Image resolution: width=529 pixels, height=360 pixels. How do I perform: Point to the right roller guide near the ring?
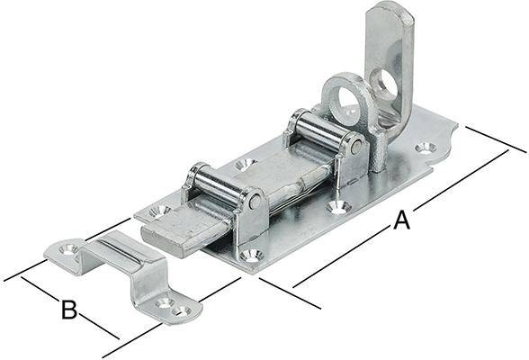[x=325, y=130]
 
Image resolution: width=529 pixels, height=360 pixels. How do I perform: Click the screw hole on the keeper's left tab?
[x=65, y=247]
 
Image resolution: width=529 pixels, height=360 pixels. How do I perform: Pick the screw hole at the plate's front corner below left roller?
[x=251, y=256]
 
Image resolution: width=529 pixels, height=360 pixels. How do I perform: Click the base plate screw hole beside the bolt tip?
[x=158, y=211]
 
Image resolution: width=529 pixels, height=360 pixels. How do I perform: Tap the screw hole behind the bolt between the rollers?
[x=245, y=165]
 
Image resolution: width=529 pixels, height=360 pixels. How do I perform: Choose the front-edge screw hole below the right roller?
[x=337, y=206]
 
